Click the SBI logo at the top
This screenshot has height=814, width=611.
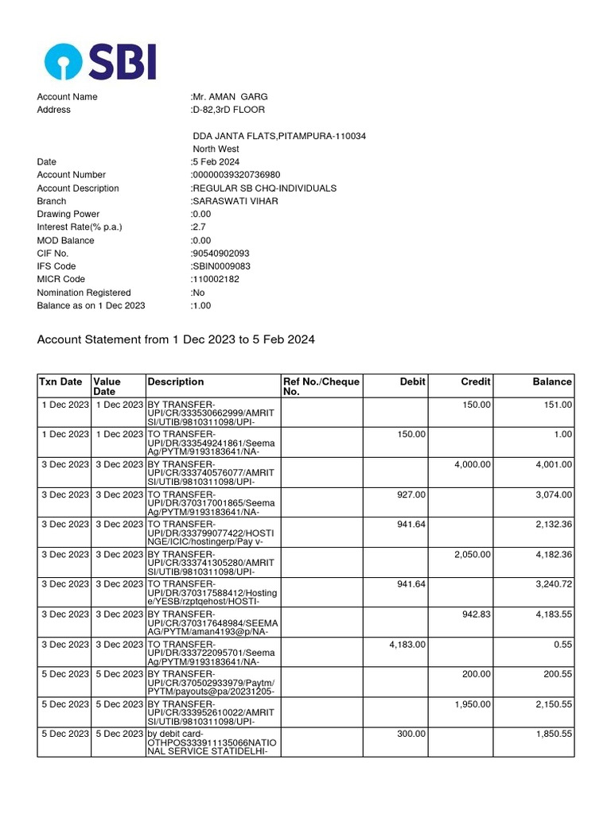click(x=100, y=61)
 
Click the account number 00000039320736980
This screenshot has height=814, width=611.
click(x=235, y=175)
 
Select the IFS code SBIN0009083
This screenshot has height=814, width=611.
click(x=220, y=266)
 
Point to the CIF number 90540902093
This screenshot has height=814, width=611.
click(x=220, y=254)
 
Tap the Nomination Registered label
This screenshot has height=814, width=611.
click(x=84, y=293)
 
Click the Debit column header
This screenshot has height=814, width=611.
click(x=412, y=382)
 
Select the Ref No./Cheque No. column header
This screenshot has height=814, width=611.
click(x=321, y=386)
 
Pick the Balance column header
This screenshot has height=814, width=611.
click(x=552, y=382)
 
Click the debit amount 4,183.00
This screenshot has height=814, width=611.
click(x=407, y=644)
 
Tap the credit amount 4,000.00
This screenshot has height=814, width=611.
click(x=472, y=464)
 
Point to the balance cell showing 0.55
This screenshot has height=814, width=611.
click(x=563, y=644)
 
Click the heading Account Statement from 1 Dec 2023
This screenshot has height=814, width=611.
click(x=176, y=339)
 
